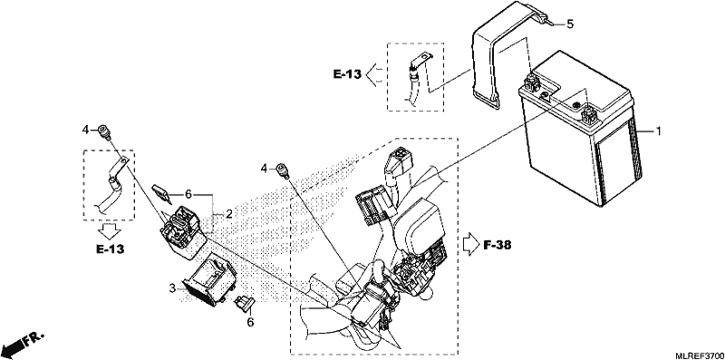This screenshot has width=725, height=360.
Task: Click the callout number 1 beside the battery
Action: click(658, 131)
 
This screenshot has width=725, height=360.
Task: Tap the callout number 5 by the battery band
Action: click(570, 24)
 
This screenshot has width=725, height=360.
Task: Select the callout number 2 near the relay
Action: click(229, 214)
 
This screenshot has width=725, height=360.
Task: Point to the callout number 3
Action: click(172, 288)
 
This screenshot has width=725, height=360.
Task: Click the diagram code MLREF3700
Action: click(700, 355)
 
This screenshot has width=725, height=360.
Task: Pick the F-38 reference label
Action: click(498, 245)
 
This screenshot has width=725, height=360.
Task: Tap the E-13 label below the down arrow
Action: click(110, 249)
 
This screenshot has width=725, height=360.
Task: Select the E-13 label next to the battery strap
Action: click(347, 74)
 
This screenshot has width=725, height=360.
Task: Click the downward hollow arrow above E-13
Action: click(111, 230)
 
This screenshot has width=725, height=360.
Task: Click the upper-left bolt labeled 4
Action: click(103, 131)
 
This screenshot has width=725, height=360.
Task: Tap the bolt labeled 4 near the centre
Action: click(282, 170)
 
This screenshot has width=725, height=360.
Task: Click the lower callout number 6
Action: click(250, 322)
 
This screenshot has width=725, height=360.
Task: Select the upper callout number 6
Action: click(188, 194)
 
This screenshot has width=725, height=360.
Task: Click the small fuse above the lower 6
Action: click(245, 303)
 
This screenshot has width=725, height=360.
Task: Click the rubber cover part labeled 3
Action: click(210, 279)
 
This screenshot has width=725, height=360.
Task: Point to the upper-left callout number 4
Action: click(85, 131)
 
